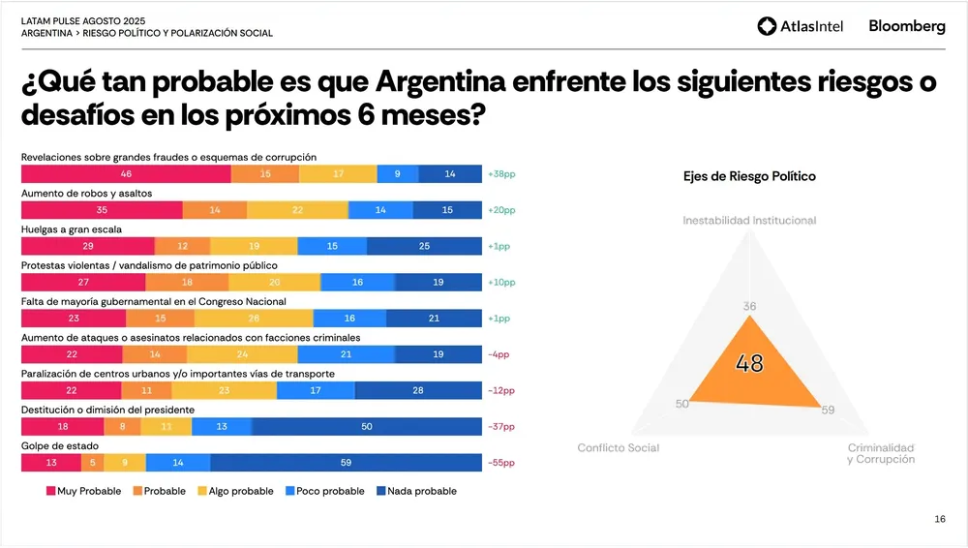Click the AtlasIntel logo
[x=800, y=26]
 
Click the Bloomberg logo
[x=906, y=26]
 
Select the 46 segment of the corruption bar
[x=126, y=174]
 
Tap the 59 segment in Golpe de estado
[x=346, y=463]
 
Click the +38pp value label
[x=501, y=174]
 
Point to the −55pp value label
[x=501, y=463]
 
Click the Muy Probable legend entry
[x=83, y=491]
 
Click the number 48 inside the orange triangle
[x=749, y=364]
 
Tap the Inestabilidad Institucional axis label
[x=749, y=221]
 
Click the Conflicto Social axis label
[x=618, y=447]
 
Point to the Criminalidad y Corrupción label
[x=880, y=453]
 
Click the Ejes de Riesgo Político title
[x=749, y=176]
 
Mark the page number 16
[x=940, y=520]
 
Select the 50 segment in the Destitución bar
[x=367, y=426]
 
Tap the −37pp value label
[x=501, y=426]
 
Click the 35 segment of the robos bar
[x=102, y=210]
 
